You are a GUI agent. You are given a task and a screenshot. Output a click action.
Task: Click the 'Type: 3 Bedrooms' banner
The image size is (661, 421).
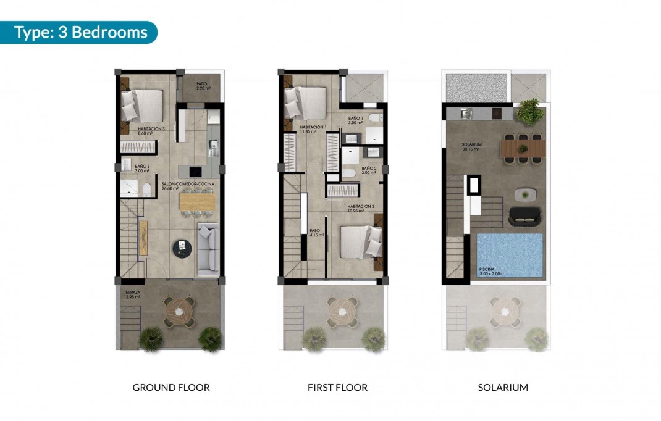80,32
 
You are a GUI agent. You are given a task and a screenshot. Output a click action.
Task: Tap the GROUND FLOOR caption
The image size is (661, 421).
171,388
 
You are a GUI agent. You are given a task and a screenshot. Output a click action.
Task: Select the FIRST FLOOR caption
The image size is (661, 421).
337,388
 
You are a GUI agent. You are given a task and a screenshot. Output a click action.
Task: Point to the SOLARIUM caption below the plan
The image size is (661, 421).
503,388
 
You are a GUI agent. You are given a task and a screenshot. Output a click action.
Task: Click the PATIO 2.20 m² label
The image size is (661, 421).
202,86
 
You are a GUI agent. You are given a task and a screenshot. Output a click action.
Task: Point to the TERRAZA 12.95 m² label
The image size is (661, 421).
131,294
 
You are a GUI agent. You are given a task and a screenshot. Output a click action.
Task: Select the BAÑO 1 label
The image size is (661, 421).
355,120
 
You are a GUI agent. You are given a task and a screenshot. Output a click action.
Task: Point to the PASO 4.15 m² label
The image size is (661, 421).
314,233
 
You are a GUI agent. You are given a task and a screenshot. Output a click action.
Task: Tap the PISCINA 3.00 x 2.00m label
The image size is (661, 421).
492,271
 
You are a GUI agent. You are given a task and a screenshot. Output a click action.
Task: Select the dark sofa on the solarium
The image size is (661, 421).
524,217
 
